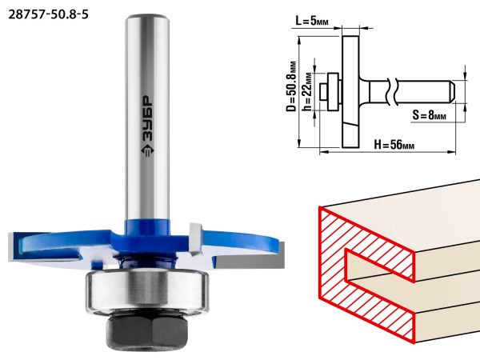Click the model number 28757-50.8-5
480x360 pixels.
point(48,14)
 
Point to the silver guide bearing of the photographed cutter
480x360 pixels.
point(147,292)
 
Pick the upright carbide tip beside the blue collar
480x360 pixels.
point(195,239)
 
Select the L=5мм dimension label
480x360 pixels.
point(312,21)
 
